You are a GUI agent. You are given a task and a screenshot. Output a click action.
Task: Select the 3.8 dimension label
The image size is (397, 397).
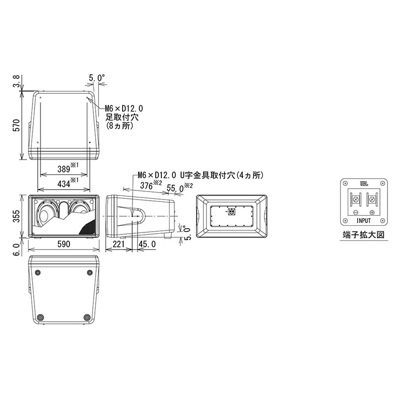click(16, 79)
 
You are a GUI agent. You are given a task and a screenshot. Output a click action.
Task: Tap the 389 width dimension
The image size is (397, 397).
click(64, 169)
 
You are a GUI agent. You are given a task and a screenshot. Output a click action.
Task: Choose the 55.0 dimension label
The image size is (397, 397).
click(175, 188)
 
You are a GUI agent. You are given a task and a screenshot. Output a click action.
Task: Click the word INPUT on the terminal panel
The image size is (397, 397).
click(364, 217)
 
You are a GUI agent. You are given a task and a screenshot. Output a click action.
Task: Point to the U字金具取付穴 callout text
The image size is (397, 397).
click(208, 175)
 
